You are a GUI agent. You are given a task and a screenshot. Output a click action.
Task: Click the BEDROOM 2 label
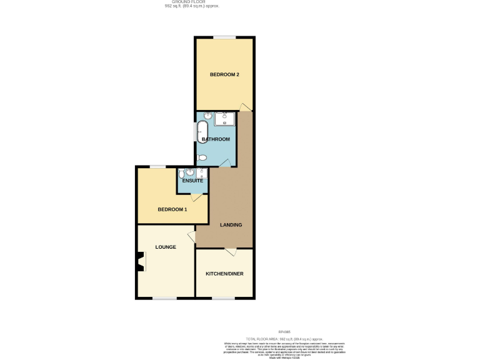tap(224, 74)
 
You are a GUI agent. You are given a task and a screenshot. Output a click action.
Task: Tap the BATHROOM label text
tap(215, 139)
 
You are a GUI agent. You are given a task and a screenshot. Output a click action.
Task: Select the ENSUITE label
tap(192, 181)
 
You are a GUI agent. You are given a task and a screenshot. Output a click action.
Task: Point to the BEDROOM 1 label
tap(172, 209)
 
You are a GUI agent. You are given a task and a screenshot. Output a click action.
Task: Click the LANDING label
tap(231, 224)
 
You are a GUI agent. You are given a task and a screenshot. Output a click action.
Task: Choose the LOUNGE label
tap(166, 247)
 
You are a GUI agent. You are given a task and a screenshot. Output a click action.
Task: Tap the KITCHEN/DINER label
tap(225, 274)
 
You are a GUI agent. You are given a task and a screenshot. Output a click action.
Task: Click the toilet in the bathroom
tap(202, 157)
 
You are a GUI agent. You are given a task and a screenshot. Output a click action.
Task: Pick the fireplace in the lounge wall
tap(140, 262)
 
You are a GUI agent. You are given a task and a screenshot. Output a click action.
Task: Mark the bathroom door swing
tap(225, 163)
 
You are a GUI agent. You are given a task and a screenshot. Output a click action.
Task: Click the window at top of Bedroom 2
tap(224, 38)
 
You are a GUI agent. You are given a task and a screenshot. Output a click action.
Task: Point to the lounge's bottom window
tap(164, 298)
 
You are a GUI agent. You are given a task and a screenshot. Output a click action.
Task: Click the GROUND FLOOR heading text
tap(192, 2)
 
